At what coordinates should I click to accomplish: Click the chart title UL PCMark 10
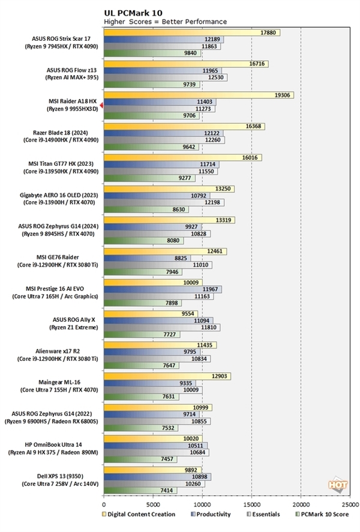tap(132, 12)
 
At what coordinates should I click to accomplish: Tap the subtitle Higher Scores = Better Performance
tap(165, 22)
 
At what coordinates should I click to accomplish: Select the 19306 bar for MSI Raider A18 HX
tap(199, 95)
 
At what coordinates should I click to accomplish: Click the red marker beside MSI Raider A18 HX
tap(101, 106)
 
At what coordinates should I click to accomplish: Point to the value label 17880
tap(269, 32)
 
